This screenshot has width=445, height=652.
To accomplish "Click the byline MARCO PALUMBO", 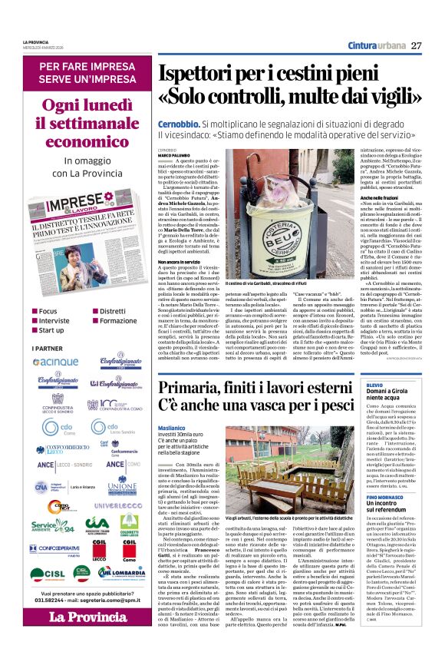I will [x=175, y=155].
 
